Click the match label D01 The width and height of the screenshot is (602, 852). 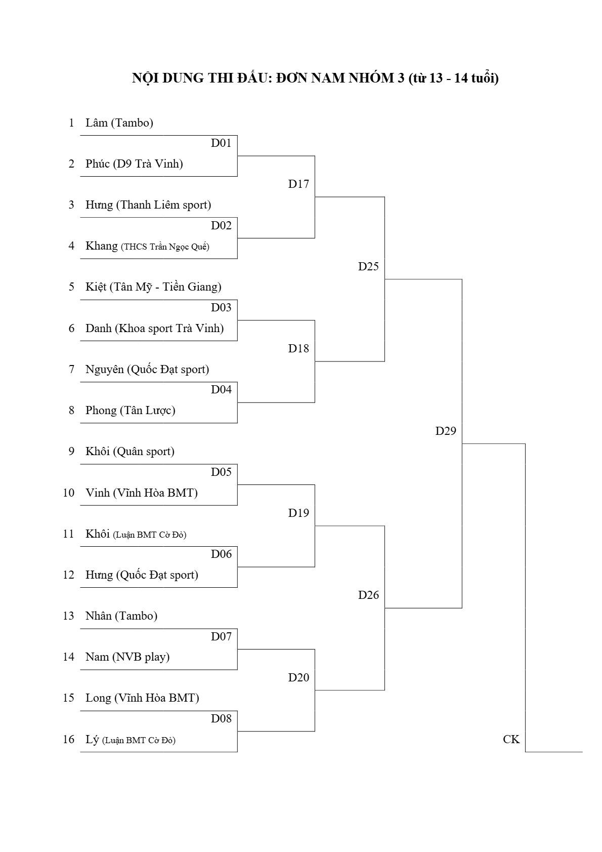(221, 143)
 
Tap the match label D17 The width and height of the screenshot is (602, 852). (298, 184)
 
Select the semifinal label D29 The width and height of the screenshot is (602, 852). (445, 431)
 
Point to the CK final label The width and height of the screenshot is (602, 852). (511, 739)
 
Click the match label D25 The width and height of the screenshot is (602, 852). (368, 266)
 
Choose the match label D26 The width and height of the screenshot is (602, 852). (368, 595)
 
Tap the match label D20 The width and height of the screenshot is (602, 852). (298, 677)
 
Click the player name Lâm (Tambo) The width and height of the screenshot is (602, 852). (119, 123)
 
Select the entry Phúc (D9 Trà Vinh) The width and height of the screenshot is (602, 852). (134, 164)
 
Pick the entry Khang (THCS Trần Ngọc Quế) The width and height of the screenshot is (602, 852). (147, 246)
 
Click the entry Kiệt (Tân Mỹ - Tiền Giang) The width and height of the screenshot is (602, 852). (153, 287)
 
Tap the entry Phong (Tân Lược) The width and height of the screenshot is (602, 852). (131, 411)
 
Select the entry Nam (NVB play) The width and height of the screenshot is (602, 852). (127, 657)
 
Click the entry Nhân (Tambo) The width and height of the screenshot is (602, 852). (121, 616)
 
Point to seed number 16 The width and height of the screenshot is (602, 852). (68, 739)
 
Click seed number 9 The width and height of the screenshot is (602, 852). (71, 452)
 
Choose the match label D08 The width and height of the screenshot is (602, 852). (221, 718)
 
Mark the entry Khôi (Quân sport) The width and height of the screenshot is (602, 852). (130, 452)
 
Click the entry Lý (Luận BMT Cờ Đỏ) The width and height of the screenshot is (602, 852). (131, 740)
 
